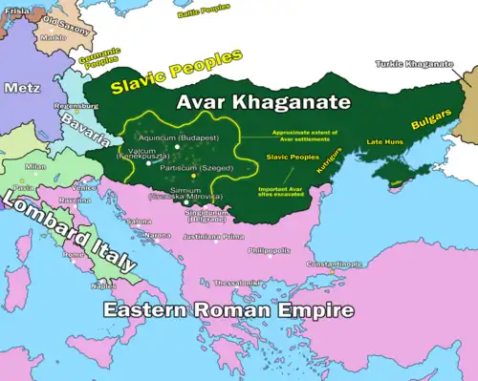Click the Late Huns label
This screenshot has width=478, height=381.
(386, 142)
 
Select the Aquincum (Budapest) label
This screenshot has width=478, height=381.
(183, 139)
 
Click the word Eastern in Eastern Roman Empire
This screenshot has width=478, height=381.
(143, 311)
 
